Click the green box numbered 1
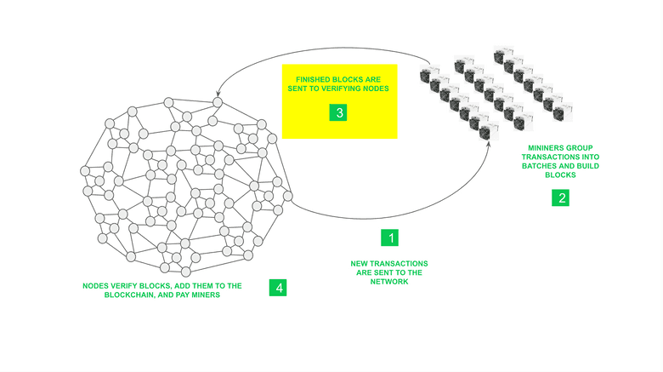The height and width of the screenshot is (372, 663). [x=389, y=238]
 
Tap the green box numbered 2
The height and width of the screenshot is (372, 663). [x=560, y=197]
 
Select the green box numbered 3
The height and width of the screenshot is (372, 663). [x=338, y=112]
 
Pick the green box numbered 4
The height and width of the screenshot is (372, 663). [x=278, y=288]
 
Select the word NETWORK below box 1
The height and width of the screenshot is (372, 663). [x=389, y=281]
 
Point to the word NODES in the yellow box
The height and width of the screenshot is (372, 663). [x=376, y=89]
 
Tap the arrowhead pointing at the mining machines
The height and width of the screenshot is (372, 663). [x=489, y=144]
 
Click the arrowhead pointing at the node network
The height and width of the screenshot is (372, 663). [x=218, y=93]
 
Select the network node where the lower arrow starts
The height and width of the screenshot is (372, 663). [x=287, y=196]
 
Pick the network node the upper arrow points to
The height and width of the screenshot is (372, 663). [x=218, y=102]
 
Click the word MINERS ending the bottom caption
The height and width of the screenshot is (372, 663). [x=207, y=295]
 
